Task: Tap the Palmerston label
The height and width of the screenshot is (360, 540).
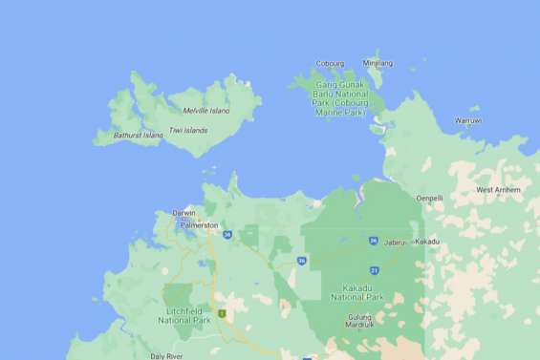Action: pyautogui.click(x=199, y=224)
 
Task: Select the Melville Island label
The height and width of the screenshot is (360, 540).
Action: pyautogui.click(x=206, y=111)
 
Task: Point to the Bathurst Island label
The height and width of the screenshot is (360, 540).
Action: pyautogui.click(x=139, y=136)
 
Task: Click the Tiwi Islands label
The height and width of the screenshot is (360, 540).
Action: pyautogui.click(x=188, y=130)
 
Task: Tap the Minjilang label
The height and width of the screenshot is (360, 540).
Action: pyautogui.click(x=378, y=63)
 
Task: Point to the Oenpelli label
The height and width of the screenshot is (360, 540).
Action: pyautogui.click(x=430, y=198)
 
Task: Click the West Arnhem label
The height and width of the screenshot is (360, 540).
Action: pyautogui.click(x=498, y=190)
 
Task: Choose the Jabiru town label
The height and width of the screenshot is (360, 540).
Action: pyautogui.click(x=395, y=243)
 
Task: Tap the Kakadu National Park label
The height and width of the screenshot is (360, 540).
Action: pyautogui.click(x=356, y=292)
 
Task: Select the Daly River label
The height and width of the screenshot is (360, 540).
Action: pyautogui.click(x=166, y=355)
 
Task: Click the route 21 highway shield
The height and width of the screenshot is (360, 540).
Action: pyautogui.click(x=375, y=271)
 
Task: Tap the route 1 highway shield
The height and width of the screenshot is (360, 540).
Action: pyautogui.click(x=222, y=313)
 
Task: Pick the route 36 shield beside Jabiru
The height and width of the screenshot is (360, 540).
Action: pyautogui.click(x=372, y=241)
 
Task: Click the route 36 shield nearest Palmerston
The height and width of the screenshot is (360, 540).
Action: pyautogui.click(x=227, y=234)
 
